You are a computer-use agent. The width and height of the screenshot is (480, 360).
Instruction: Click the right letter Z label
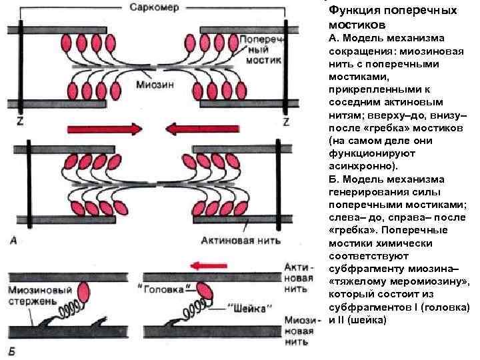pyautogui.click(x=286, y=122)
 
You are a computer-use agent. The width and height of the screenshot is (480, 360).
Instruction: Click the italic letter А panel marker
pyautogui.click(x=13, y=242)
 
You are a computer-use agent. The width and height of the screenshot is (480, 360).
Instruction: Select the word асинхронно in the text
pyautogui.click(x=361, y=166)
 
